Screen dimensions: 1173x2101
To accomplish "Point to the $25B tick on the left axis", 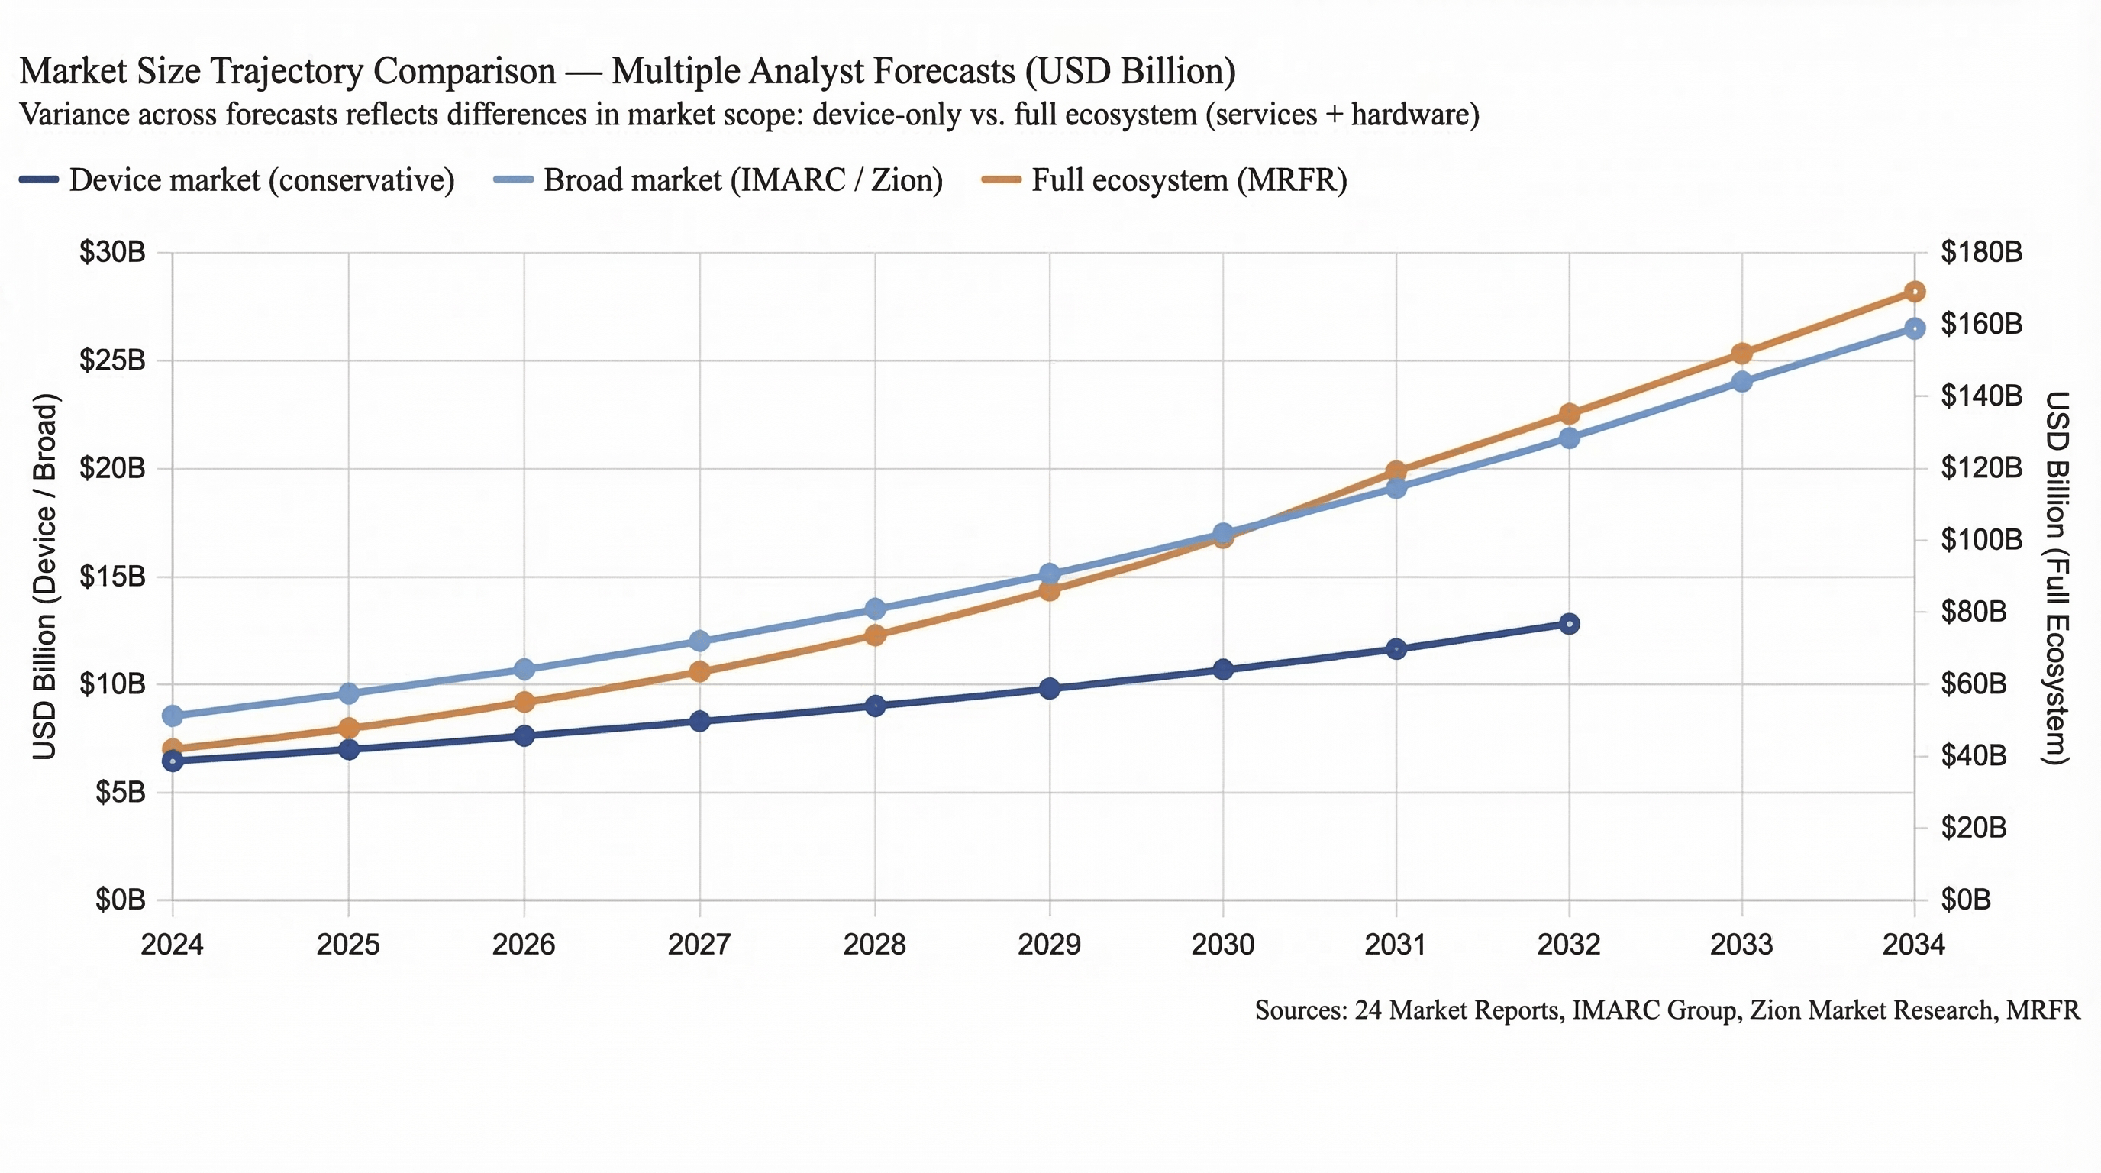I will [111, 360].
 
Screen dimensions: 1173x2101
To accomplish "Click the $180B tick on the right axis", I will [1981, 252].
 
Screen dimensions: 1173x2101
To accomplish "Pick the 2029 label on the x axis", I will [1049, 945].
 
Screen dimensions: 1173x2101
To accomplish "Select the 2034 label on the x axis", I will [1913, 945].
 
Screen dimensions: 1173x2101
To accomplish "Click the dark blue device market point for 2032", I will [1569, 624].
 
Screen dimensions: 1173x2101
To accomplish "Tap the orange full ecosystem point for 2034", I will [1914, 292].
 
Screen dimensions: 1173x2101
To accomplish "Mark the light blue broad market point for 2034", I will [1914, 328].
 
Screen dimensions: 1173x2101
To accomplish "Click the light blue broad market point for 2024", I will [173, 716].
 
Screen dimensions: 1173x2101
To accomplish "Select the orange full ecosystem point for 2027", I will [700, 672].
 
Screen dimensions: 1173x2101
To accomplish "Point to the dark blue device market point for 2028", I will [875, 706].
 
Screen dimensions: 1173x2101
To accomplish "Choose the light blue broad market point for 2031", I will [1396, 489].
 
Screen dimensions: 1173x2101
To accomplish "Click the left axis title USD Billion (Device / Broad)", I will [45, 576].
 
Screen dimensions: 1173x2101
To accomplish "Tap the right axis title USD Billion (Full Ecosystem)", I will [2057, 577].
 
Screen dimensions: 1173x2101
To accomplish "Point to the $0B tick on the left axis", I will [120, 900].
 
